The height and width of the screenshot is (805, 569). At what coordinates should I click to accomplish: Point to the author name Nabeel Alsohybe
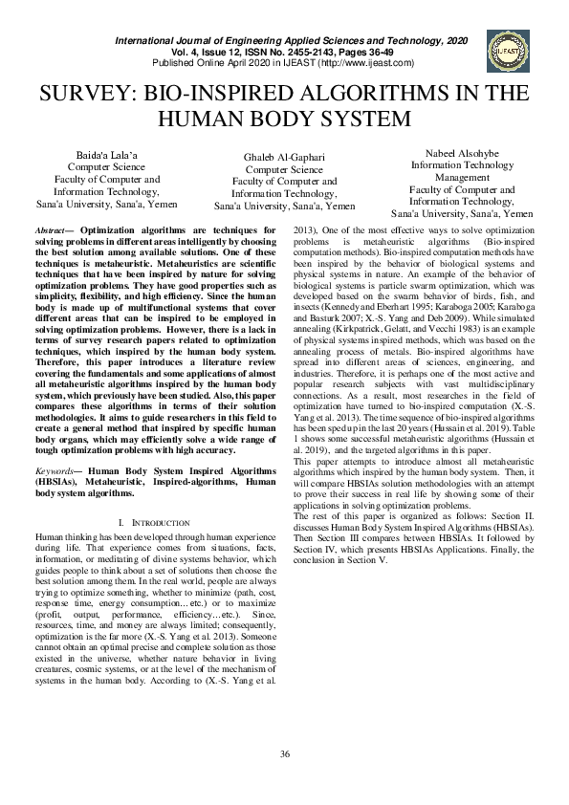tap(462, 153)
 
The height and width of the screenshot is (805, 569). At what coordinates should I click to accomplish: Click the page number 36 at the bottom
tap(284, 754)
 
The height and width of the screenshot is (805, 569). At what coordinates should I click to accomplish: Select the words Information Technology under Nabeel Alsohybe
tap(462, 164)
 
